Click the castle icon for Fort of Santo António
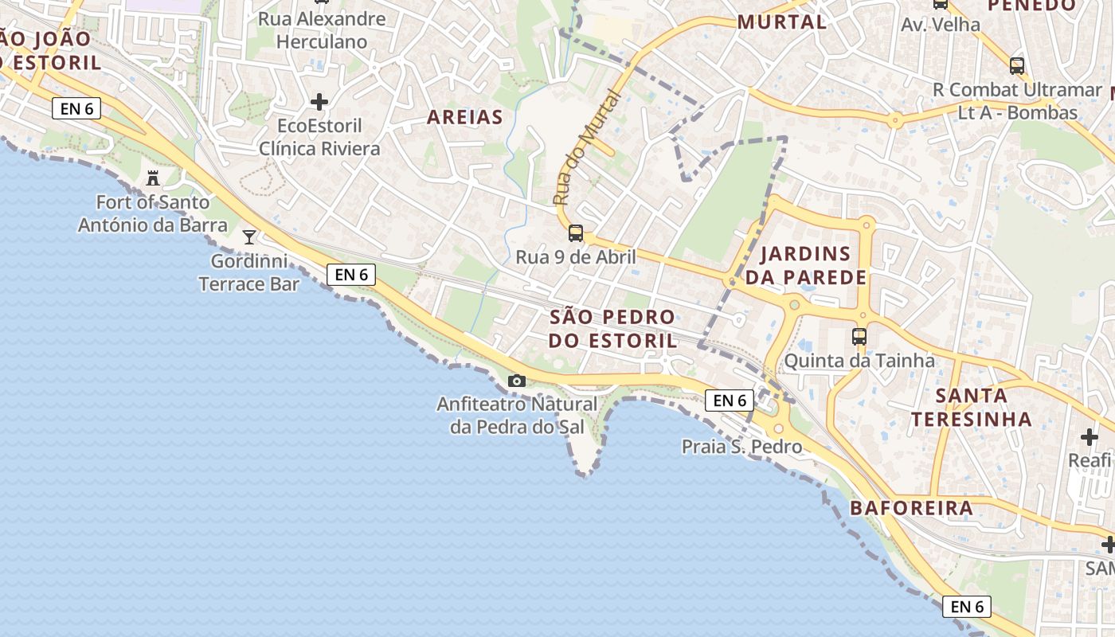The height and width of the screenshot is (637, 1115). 153,178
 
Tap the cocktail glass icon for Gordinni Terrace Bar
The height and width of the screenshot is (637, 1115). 249,236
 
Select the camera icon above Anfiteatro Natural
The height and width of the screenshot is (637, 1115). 517,381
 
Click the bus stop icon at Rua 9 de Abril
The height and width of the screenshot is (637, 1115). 576,233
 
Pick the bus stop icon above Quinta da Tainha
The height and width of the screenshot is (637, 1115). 859,337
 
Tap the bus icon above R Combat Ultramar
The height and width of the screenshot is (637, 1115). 1017,66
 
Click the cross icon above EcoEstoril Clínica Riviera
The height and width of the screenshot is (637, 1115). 319,102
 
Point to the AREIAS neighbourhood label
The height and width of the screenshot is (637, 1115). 465,118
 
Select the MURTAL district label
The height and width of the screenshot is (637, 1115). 782,22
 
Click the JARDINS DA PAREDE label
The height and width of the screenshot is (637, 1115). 805,265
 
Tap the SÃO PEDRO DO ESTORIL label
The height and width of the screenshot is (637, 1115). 612,328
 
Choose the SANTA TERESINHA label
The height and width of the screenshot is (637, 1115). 972,407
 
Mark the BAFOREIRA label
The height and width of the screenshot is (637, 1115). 911,508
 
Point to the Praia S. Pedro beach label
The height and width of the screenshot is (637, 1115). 741,447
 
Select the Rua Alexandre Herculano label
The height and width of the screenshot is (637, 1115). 322,30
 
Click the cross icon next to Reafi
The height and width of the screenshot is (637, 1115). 1090,436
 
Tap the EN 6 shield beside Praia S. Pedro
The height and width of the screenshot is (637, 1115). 729,401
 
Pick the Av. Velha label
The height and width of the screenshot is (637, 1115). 941,25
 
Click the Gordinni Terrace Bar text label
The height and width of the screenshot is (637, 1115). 249,272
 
